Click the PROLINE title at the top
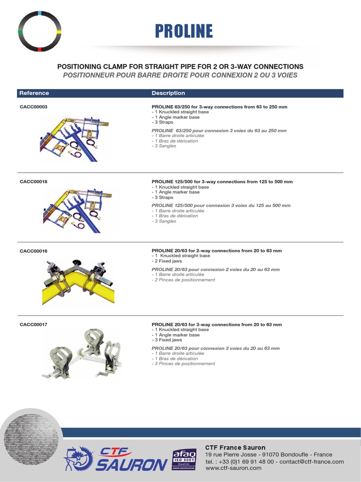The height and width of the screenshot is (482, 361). (184, 31)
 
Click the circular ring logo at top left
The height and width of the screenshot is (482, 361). (39, 31)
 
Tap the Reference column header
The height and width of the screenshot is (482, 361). (34, 93)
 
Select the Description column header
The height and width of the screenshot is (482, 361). (168, 93)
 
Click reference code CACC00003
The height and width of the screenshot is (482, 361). (33, 107)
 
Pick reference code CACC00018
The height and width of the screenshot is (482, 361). (33, 182)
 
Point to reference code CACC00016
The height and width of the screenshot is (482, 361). (33, 251)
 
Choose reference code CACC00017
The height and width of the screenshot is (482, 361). (33, 325)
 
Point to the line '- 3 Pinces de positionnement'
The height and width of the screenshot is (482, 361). (183, 364)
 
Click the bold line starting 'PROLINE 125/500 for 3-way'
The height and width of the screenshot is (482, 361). (222, 182)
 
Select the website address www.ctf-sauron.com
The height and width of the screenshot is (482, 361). (233, 468)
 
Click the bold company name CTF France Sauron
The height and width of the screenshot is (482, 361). (235, 448)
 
